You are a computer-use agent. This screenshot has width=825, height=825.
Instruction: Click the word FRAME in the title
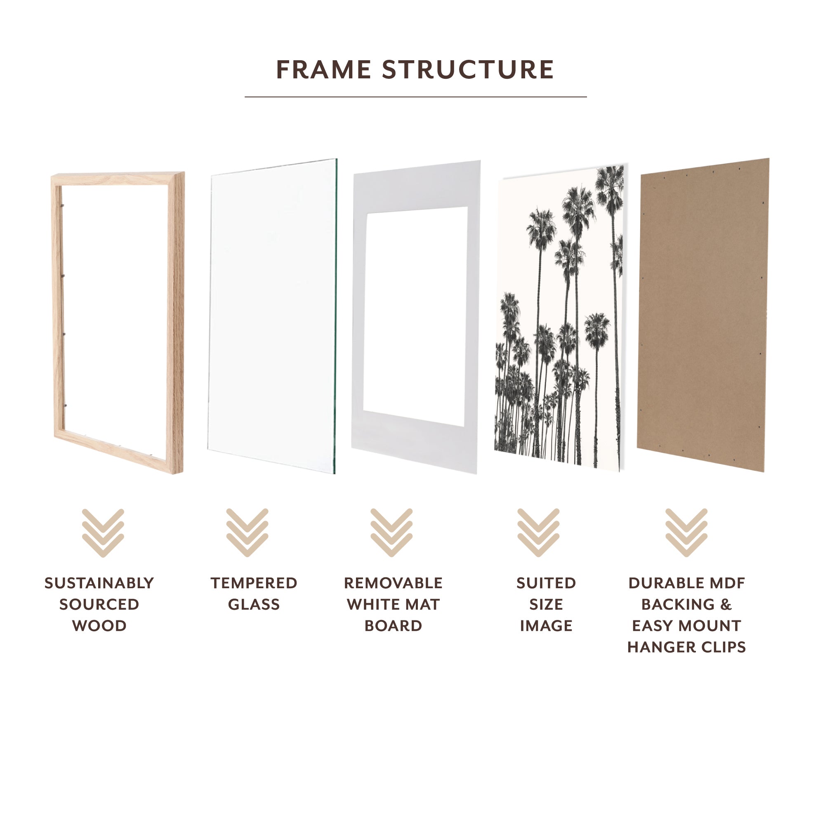323,70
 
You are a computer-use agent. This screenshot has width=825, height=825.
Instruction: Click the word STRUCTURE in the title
468,70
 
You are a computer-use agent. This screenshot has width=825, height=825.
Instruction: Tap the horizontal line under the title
415,97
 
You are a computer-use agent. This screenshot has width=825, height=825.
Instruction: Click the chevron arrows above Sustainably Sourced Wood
103,533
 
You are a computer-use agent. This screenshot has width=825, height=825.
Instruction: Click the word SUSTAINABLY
99,583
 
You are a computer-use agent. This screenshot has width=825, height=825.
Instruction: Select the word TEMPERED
254,583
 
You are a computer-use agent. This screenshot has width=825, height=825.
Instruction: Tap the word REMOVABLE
393,583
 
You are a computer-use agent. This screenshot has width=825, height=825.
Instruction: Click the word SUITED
546,583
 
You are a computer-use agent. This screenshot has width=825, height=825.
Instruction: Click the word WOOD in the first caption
99,626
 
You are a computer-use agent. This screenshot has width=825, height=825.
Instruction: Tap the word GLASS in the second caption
254,605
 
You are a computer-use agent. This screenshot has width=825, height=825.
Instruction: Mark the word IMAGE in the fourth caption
546,626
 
